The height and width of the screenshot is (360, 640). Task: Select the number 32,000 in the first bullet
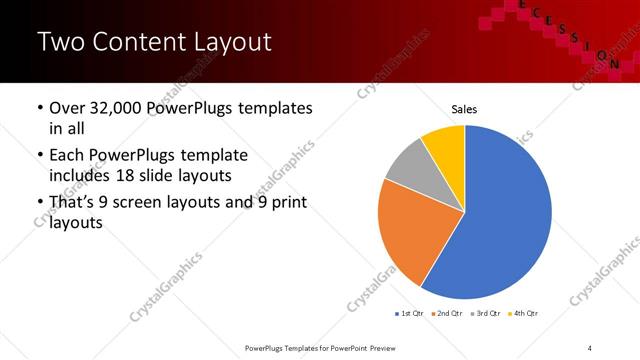pos(114,109)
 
